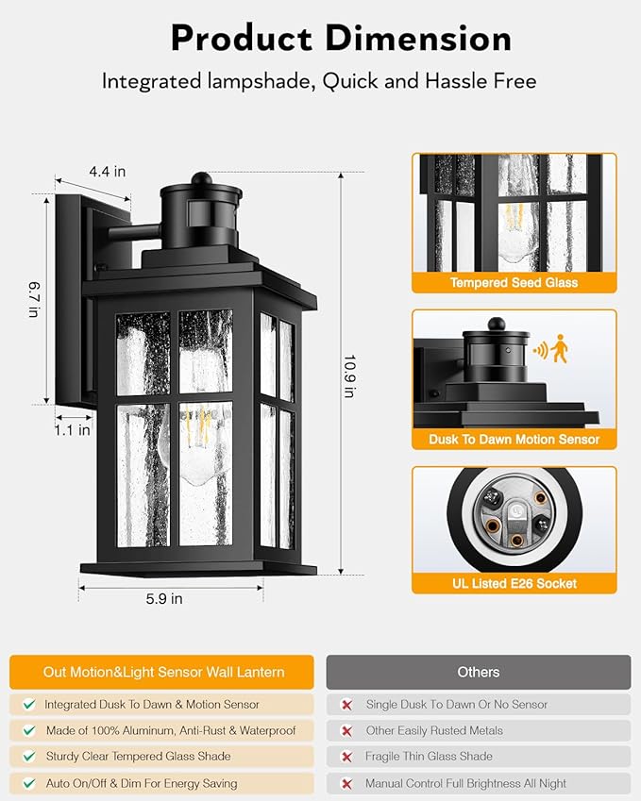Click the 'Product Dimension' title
point(341,38)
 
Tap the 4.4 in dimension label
point(107,172)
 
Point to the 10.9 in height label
point(348,375)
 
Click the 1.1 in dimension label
point(73,430)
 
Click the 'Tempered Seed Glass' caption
point(514,283)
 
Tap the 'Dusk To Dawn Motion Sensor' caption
point(514,440)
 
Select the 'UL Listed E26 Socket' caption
point(514,583)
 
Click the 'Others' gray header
point(478,672)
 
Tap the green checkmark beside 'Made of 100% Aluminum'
point(29,730)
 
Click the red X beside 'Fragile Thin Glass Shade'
point(346,757)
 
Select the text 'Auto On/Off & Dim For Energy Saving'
point(141,783)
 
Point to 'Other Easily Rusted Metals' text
point(434,730)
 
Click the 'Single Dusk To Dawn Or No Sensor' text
point(457,704)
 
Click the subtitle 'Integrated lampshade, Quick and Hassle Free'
point(319,81)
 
